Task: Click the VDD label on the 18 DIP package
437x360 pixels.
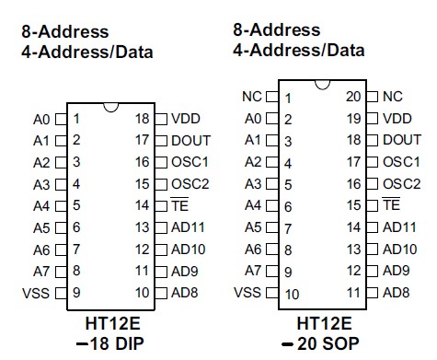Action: (x=185, y=119)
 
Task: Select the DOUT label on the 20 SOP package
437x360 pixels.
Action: (x=402, y=139)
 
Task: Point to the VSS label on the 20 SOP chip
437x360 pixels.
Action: (x=247, y=293)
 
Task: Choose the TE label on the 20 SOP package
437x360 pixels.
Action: (x=391, y=204)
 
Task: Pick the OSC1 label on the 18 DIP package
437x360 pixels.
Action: (x=190, y=162)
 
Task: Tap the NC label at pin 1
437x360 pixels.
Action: (x=252, y=96)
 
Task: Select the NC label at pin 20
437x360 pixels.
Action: (x=393, y=96)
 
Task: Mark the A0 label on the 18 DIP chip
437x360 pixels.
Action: (x=40, y=119)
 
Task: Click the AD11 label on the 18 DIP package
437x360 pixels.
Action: (x=189, y=227)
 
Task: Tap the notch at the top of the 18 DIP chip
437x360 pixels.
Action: (x=110, y=108)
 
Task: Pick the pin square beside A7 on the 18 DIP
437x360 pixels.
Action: (x=62, y=271)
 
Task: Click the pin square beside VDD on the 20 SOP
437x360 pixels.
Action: (x=372, y=118)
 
